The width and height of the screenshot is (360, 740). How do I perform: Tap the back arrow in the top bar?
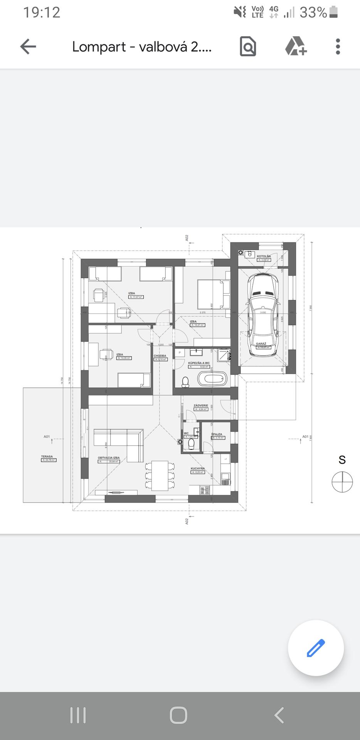click(28, 47)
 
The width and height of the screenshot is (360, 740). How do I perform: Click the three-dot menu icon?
click(338, 47)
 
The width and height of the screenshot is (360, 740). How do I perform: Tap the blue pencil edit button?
click(316, 648)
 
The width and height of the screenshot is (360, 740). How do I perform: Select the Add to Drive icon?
click(296, 47)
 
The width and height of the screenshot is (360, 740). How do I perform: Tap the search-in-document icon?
click(248, 47)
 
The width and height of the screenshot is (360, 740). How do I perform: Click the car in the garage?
click(263, 314)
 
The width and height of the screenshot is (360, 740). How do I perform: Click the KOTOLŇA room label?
click(264, 256)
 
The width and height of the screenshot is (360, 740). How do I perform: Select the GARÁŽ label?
click(261, 343)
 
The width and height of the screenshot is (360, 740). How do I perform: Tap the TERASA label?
click(47, 457)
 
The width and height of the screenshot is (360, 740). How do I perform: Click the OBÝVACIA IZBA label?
click(109, 458)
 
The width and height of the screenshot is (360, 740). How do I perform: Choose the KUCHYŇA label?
click(198, 469)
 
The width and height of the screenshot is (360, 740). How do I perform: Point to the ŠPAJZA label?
click(217, 434)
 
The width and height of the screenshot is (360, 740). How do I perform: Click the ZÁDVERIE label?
click(201, 405)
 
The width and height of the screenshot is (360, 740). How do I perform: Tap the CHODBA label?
click(160, 356)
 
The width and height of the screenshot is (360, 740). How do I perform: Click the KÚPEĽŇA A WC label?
click(199, 363)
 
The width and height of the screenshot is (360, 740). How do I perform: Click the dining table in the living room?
click(160, 476)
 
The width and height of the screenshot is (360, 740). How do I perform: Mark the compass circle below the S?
click(342, 482)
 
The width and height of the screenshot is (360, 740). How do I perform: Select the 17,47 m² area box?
click(136, 297)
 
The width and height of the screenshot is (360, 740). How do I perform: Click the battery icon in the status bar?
click(334, 12)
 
